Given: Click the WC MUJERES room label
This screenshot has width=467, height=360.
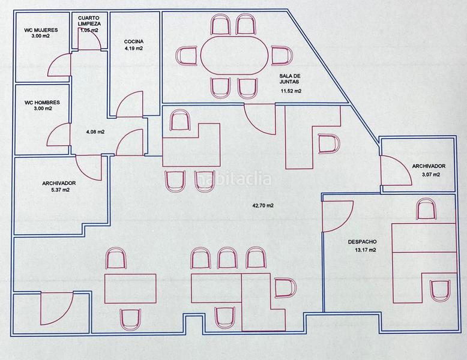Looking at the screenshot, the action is (x=41, y=30).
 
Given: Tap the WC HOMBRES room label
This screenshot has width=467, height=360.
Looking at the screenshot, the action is (x=42, y=103).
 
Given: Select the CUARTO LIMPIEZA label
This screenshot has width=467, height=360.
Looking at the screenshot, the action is (x=89, y=21).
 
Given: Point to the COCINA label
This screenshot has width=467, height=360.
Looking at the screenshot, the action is (x=134, y=41).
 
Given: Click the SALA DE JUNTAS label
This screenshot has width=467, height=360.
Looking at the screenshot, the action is (x=290, y=79).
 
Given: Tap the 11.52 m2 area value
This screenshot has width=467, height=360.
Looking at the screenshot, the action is (x=291, y=91).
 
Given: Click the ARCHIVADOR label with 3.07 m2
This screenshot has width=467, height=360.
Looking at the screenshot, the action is (x=429, y=166).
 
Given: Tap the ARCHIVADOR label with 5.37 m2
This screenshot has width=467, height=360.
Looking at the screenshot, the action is (x=59, y=183).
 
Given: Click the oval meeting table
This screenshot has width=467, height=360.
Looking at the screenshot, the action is (x=234, y=55).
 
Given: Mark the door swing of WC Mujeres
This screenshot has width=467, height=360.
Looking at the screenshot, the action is (x=59, y=65).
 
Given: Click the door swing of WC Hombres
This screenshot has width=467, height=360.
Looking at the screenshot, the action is (x=58, y=134).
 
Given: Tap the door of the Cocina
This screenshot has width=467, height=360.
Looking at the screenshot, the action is (x=130, y=104).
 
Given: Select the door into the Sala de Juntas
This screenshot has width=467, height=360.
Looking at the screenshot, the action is (x=260, y=119).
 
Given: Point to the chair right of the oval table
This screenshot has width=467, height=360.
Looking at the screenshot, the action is (x=282, y=56).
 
